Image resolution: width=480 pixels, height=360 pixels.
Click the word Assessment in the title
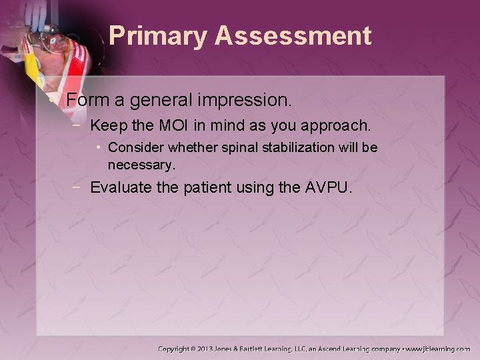coord(293,36)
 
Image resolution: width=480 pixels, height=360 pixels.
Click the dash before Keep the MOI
coord(79,125)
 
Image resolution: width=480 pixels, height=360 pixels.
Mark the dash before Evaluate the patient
coord(79,187)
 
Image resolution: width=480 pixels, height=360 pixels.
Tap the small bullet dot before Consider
coord(99,146)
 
